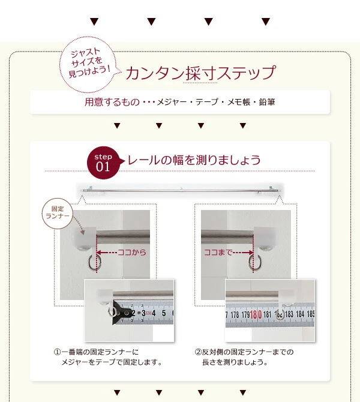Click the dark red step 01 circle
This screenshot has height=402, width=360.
tap(103, 163)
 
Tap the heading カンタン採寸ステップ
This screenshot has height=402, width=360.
tap(201, 73)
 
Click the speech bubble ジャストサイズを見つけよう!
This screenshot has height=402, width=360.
tap(87, 64)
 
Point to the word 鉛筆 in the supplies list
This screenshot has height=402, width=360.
tap(267, 102)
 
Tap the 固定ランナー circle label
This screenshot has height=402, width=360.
tap(58, 213)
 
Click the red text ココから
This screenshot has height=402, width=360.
tap(132, 252)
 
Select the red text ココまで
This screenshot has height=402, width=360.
tap(218, 252)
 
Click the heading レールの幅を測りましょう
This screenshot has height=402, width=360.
tap(194, 160)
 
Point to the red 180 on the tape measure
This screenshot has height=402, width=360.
tap(256, 314)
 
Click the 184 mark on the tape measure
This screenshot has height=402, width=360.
tap(300, 314)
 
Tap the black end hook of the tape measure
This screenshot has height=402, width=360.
tap(120, 313)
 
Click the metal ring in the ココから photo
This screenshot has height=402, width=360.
tap(94, 262)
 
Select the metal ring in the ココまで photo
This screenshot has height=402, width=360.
tap(254, 262)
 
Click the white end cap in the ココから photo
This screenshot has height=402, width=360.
tap(85, 236)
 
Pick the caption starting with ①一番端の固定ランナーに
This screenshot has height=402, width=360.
tap(108, 357)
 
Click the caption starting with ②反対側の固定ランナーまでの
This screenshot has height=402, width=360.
tap(244, 357)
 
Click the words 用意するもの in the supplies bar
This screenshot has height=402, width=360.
tap(112, 102)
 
